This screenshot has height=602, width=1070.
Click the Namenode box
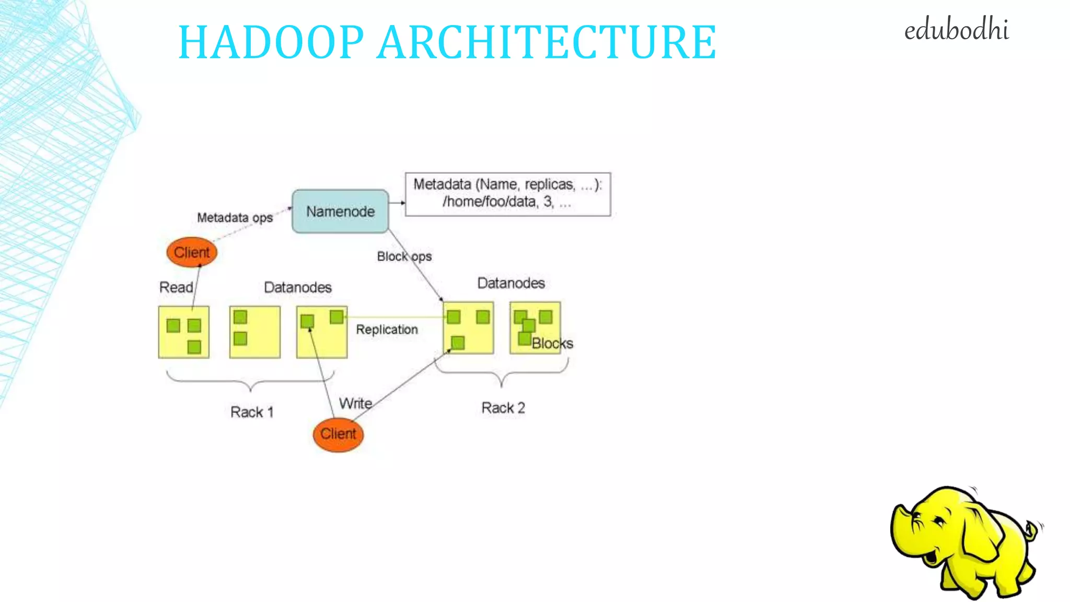point(340,211)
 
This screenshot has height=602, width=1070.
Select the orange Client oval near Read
point(192,252)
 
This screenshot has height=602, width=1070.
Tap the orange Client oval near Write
point(338,434)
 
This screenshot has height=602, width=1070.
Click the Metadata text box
point(507,194)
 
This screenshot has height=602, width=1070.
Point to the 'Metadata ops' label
point(235,217)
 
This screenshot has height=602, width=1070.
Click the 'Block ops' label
point(404,257)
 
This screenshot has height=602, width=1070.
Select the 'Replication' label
point(387,329)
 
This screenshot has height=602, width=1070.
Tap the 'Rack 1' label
point(252,412)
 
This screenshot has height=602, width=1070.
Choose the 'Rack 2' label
point(503,408)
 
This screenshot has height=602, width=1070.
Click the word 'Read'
point(176,287)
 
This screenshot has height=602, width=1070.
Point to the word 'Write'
point(356,403)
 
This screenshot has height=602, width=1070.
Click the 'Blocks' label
point(552,343)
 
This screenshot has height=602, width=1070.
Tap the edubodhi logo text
point(956,30)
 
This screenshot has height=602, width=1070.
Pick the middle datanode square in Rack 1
point(255,332)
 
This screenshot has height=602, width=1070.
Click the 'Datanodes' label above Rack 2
point(511,283)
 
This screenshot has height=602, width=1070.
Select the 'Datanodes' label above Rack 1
point(298,287)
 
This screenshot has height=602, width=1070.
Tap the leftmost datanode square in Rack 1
point(184,332)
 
